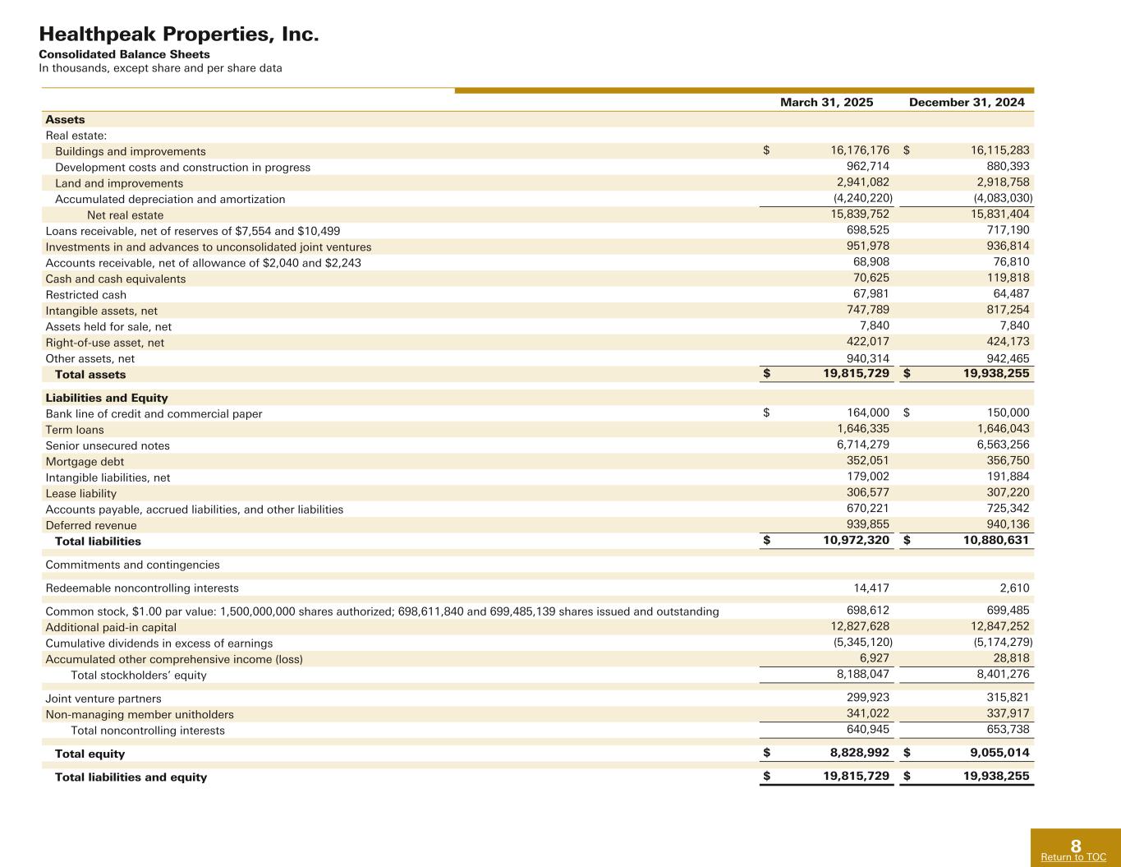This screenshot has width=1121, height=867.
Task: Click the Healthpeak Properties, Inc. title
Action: (x=179, y=35)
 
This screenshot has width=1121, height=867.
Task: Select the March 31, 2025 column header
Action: (x=826, y=103)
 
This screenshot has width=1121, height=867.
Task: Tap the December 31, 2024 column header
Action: (x=967, y=103)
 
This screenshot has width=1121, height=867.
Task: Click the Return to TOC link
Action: (x=1073, y=857)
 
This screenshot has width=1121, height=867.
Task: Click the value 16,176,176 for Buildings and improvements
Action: (x=860, y=150)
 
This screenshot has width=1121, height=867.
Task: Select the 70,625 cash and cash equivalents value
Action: (x=871, y=278)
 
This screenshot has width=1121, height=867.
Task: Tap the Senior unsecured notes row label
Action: (x=108, y=445)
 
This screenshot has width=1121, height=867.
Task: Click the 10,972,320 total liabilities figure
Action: (x=857, y=541)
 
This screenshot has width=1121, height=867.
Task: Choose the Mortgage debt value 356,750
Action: (x=1008, y=461)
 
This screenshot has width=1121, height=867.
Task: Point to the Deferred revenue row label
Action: (x=91, y=525)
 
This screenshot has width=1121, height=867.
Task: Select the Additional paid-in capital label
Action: (x=111, y=627)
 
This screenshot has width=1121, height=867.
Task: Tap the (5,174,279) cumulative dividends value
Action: (x=1003, y=642)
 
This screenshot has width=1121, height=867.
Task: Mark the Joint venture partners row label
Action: (x=103, y=699)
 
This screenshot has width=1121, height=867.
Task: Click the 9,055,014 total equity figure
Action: (x=996, y=753)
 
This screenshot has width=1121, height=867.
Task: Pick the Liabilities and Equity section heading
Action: (x=107, y=398)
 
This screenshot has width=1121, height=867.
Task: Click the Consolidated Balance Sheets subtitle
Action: (x=125, y=54)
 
